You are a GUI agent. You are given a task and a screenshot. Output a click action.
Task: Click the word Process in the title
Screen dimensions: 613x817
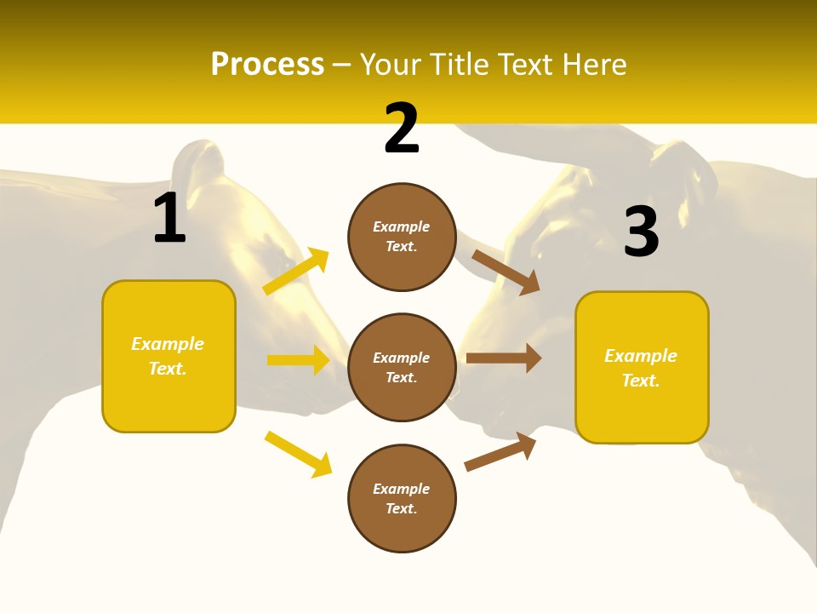(x=267, y=65)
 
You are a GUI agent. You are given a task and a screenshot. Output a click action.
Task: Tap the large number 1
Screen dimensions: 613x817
(x=169, y=219)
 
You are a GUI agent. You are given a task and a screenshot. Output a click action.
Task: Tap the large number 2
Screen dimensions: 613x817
(x=402, y=129)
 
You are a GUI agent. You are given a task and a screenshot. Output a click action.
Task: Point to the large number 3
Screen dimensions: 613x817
(x=641, y=232)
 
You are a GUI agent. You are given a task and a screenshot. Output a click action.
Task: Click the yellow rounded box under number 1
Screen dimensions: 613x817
(x=169, y=356)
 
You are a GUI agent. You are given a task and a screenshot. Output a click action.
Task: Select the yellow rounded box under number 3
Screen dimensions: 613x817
(x=642, y=368)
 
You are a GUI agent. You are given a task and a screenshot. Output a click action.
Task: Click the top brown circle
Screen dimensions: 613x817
(x=402, y=237)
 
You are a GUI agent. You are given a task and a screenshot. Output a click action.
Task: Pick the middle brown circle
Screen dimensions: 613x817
(x=402, y=368)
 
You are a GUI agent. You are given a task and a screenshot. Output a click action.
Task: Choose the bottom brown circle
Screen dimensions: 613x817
(x=402, y=499)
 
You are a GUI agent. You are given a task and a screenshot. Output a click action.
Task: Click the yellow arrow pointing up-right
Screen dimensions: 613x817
(x=296, y=272)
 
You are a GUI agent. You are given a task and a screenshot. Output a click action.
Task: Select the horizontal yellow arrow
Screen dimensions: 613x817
(x=298, y=360)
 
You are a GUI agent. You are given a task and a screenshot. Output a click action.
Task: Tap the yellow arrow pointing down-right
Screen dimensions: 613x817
(x=298, y=454)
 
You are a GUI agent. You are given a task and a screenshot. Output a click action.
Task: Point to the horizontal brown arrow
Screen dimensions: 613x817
(x=504, y=358)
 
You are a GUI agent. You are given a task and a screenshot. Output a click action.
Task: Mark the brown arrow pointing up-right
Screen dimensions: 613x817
(x=500, y=451)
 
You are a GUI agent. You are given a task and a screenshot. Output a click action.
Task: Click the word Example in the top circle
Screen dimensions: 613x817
(x=402, y=227)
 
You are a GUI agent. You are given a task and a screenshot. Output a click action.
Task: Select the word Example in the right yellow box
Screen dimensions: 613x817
(x=641, y=356)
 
